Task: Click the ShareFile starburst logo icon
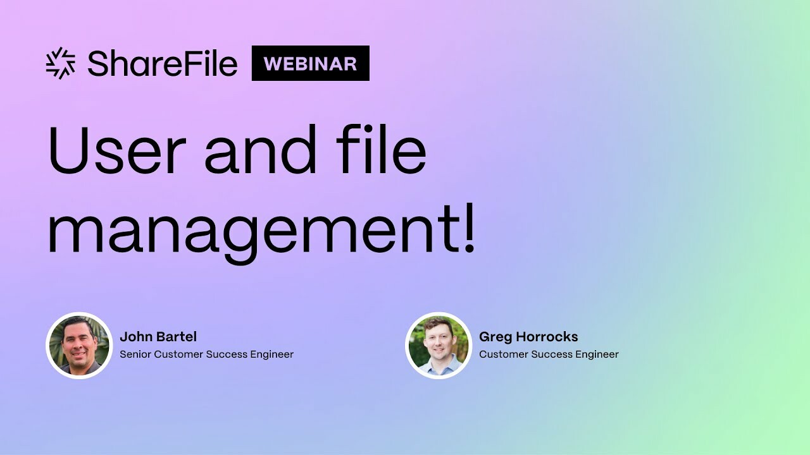61,63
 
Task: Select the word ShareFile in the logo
163,63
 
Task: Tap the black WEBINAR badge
310,63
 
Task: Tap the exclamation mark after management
469,231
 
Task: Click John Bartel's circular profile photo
79,345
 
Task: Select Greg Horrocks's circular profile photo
439,345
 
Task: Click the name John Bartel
158,337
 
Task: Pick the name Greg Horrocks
528,337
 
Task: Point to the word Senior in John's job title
135,355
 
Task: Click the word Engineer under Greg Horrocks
594,355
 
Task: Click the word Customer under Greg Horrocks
502,355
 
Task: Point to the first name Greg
494,337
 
